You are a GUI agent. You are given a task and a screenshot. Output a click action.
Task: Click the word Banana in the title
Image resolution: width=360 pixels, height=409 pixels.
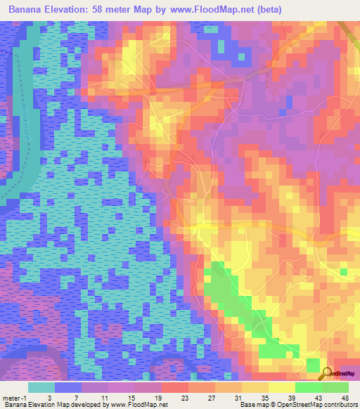27,11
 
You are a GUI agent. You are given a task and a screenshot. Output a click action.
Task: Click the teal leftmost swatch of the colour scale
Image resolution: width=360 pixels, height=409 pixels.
41,387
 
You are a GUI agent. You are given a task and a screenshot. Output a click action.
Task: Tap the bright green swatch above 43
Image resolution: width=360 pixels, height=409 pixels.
309,387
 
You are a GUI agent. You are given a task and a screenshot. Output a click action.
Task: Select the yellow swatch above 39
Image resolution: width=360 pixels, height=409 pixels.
282,387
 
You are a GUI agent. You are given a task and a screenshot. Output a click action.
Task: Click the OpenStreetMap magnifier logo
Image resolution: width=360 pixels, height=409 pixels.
327,372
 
